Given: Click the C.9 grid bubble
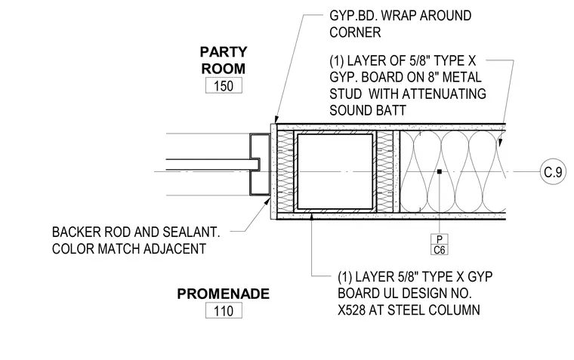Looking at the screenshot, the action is (x=553, y=171).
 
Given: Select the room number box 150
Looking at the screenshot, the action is (x=224, y=85).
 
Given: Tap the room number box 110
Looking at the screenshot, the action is (x=224, y=311).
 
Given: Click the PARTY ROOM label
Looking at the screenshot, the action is (x=224, y=60).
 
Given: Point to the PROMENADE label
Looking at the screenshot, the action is (x=224, y=294).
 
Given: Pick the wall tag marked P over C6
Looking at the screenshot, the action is (x=440, y=245).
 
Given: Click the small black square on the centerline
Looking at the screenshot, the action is (x=440, y=171).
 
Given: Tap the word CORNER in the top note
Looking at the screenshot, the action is (x=355, y=32).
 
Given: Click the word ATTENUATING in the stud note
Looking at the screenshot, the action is (x=427, y=94).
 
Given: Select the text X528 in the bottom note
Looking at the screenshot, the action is (x=351, y=310).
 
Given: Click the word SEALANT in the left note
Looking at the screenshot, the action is (x=191, y=232).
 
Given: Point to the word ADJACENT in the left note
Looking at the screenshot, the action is (x=174, y=249).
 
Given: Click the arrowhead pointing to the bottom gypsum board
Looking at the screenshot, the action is (x=311, y=217).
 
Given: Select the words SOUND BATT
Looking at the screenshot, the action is (x=368, y=110).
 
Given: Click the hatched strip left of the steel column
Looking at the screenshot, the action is (x=285, y=171).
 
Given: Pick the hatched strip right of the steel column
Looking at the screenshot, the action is (x=384, y=171).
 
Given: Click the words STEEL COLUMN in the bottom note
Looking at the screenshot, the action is (x=434, y=310).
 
